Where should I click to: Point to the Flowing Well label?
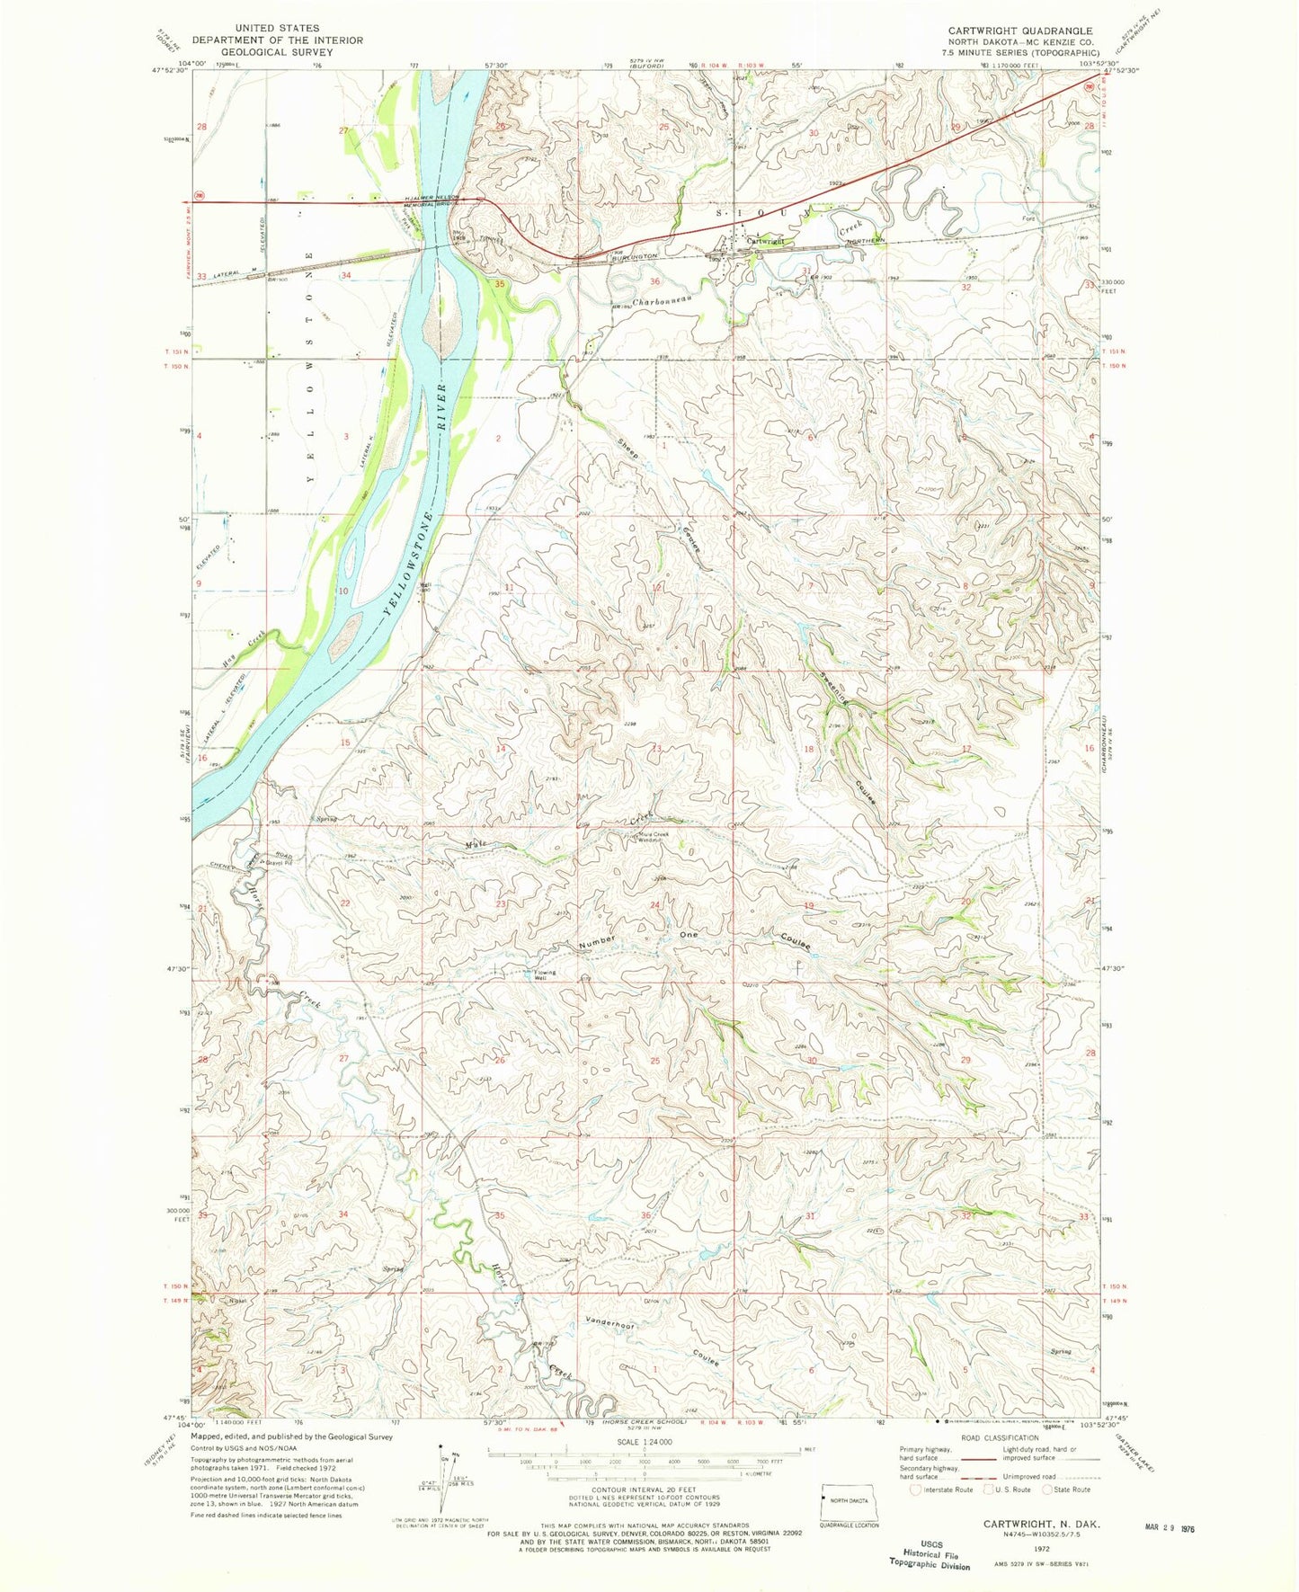[546, 975]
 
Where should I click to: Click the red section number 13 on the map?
[656, 748]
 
